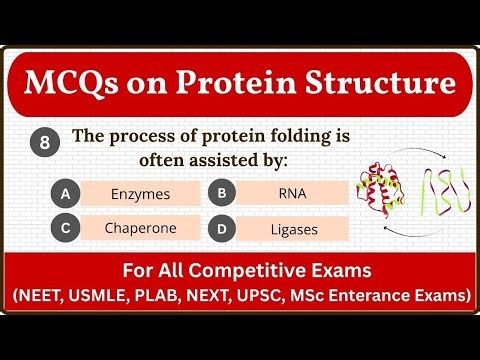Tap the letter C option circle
point(65,229)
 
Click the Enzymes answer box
point(140,194)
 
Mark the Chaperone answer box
point(140,229)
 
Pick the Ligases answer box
point(294,229)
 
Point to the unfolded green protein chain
point(443,189)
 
